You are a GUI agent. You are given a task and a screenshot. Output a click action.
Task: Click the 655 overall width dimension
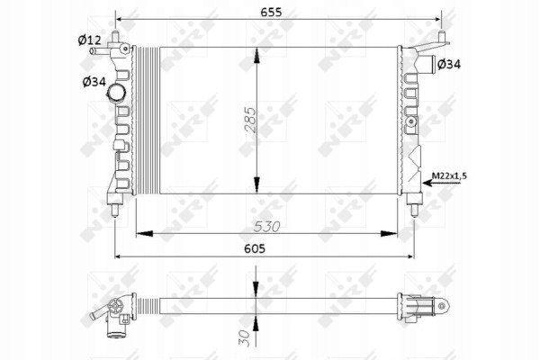[271, 12]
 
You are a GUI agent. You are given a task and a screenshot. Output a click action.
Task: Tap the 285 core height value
[251, 121]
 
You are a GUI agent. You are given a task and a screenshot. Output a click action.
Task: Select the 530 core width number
[267, 227]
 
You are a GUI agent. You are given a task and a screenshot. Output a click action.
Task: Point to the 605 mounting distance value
[255, 248]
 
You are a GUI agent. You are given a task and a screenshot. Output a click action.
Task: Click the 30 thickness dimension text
[244, 338]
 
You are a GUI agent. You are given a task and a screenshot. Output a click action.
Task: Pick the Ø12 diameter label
[89, 40]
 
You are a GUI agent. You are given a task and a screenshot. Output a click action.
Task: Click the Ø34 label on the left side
[94, 82]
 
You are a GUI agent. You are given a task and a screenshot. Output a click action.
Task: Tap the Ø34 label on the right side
[449, 64]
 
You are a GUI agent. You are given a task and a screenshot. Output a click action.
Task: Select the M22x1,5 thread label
[449, 175]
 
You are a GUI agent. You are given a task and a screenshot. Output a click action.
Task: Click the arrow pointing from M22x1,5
[441, 183]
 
